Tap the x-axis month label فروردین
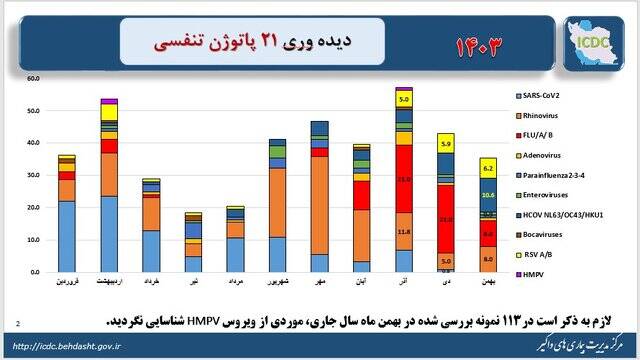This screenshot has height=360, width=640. [x=66, y=283]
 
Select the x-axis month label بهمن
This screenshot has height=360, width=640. [x=488, y=283]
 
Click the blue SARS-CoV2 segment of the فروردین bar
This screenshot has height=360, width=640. [x=66, y=236]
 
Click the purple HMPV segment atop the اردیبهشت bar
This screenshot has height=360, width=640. [x=109, y=101]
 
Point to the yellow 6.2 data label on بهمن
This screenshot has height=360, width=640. [x=488, y=169]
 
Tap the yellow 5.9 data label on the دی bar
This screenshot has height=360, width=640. [x=446, y=143]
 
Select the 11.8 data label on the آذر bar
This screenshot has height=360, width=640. [x=404, y=231]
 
